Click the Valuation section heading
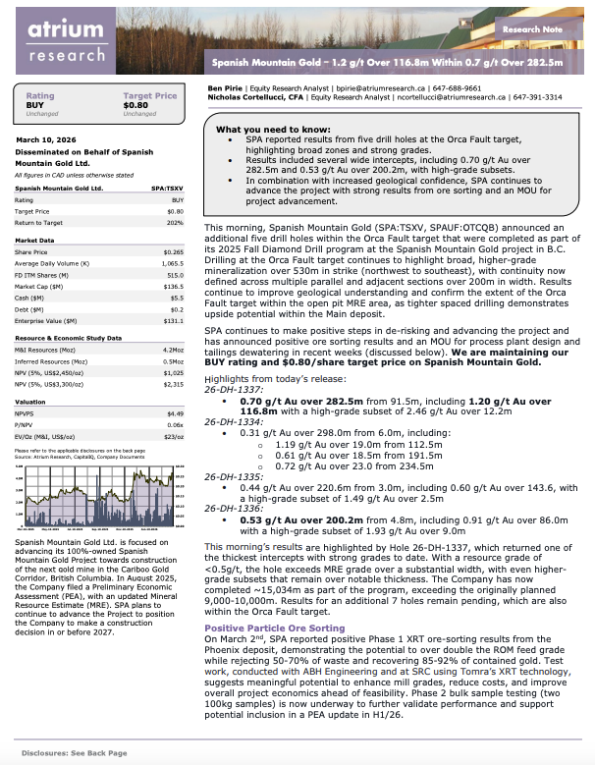(34, 401)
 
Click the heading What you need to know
(265, 130)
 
